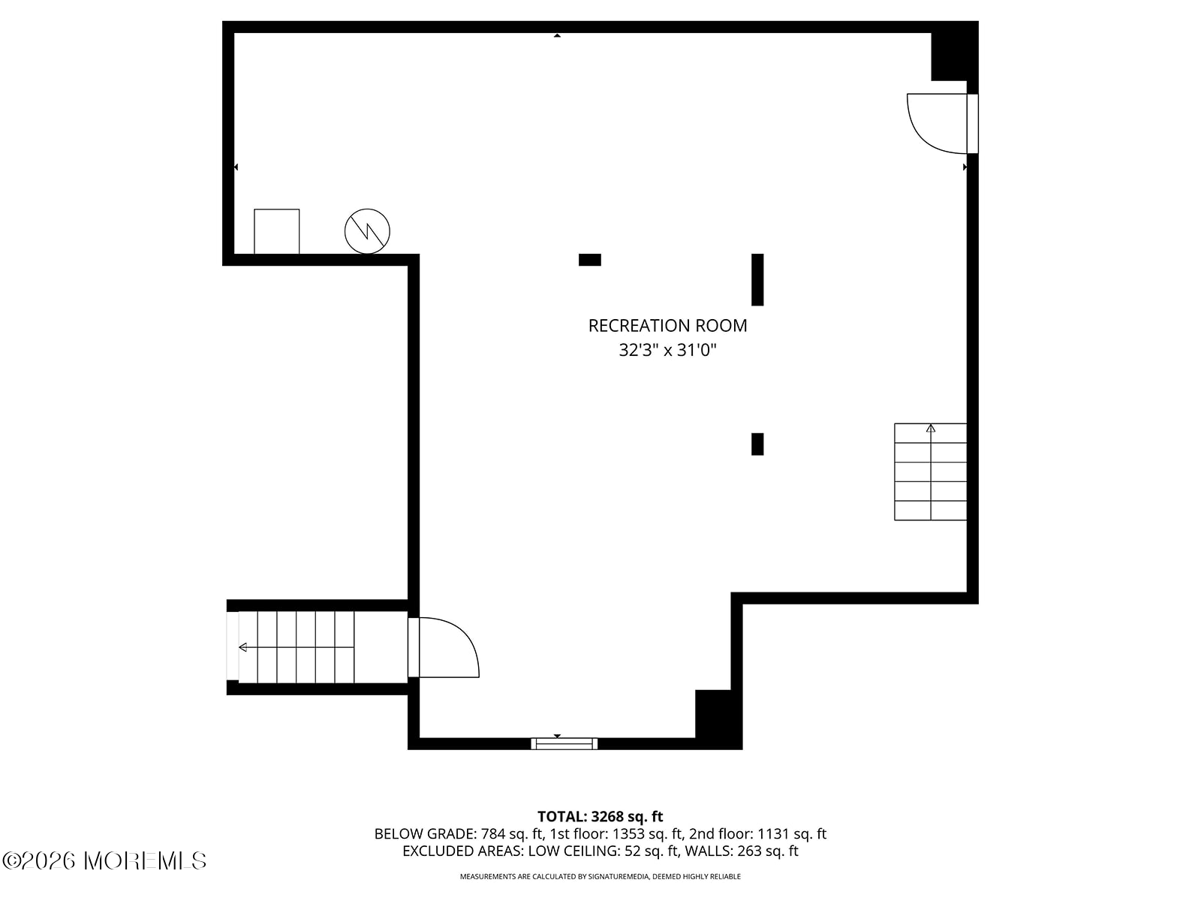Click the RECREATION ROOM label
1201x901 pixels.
point(667,326)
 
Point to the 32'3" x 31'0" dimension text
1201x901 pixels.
point(667,350)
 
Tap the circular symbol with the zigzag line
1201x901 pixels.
point(367,231)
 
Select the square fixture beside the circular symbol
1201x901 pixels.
point(276,231)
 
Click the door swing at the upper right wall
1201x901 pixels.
point(936,124)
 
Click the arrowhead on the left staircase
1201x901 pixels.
point(243,648)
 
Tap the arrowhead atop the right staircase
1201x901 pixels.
point(930,428)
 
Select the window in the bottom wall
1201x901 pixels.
point(564,743)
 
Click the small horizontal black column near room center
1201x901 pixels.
point(590,260)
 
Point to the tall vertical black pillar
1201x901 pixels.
point(757,279)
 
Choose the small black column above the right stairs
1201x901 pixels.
point(757,444)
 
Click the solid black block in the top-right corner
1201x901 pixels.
point(955,51)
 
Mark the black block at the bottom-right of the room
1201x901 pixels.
point(718,719)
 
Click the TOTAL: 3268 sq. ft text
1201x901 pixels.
point(600,817)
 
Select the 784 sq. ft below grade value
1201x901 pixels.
point(512,833)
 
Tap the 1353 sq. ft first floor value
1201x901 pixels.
point(647,833)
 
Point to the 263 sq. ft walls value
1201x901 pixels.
point(768,851)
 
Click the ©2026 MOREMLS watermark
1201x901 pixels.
point(104,861)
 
